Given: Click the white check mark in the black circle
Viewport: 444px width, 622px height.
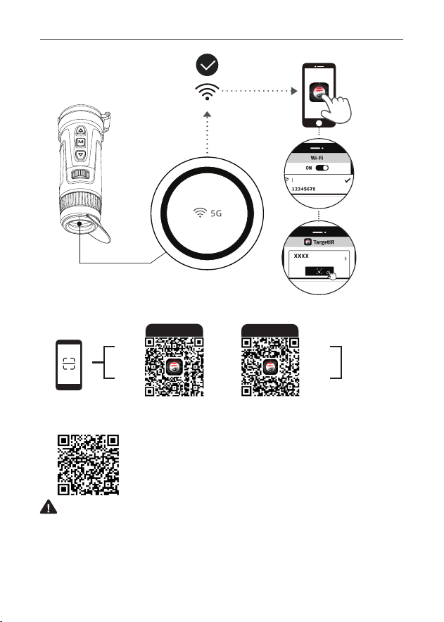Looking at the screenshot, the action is [207, 65].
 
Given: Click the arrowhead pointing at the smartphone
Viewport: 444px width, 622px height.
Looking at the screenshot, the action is [294, 91].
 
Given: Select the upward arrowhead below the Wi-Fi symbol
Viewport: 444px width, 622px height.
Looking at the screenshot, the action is [207, 115].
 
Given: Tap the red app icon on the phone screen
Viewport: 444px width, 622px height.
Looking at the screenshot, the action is [319, 92].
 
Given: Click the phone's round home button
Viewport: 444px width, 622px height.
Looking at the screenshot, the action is [319, 123].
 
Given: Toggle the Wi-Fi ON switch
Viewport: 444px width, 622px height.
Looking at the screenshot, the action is [322, 168].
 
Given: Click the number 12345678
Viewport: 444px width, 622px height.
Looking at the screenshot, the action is [304, 189].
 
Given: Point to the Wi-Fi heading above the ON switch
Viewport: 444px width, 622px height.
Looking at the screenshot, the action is [317, 158].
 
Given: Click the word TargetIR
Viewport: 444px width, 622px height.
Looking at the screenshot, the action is [324, 242].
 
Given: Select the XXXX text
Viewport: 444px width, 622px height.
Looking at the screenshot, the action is [301, 256].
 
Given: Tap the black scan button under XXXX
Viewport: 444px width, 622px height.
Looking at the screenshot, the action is [319, 271].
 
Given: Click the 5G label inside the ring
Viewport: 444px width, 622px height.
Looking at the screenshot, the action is [216, 213].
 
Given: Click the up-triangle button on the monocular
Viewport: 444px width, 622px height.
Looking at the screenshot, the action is [81, 130].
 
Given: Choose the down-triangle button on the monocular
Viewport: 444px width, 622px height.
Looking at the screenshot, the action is [81, 154].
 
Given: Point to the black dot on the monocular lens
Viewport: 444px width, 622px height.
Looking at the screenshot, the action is [80, 224].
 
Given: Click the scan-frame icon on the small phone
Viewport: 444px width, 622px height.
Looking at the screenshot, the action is [69, 363].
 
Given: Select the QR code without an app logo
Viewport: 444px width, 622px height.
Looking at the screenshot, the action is [88, 465].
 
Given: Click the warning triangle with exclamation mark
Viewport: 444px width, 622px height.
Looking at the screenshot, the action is [49, 507].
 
